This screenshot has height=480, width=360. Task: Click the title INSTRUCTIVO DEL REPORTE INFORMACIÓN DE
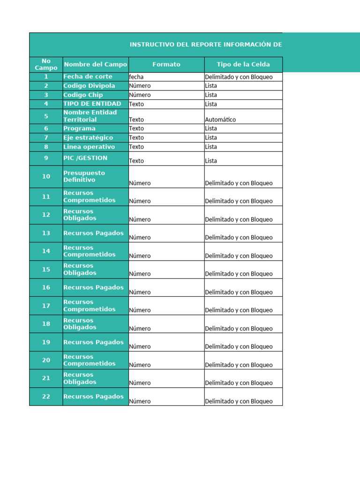coord(206,45)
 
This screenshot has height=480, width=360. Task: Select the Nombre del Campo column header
coord(95,64)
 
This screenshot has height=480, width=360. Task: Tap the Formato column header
coord(166,64)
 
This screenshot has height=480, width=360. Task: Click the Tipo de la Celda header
coord(243,64)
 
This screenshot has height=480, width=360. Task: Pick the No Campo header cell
coord(46,64)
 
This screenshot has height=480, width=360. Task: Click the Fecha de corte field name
coord(88,76)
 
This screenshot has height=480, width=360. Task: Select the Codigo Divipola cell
coord(89,86)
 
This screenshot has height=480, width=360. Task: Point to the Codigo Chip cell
coord(83,95)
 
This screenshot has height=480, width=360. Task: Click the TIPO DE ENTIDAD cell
coord(92,104)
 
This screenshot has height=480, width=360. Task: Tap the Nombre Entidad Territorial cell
coord(90,116)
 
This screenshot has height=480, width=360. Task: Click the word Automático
coord(220,120)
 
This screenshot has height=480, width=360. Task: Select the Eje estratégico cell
coord(88,137)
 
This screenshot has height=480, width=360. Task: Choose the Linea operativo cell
coord(89,147)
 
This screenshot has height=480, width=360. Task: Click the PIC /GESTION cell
coord(85,158)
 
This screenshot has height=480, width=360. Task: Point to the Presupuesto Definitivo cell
coord(84,176)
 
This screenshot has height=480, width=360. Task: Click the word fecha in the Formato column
coord(136,77)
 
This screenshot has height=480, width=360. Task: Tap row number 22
coord(46,397)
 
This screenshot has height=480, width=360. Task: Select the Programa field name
coord(79,128)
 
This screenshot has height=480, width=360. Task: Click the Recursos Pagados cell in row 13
coord(94,233)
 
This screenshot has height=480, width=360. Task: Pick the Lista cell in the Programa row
coord(211,128)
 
